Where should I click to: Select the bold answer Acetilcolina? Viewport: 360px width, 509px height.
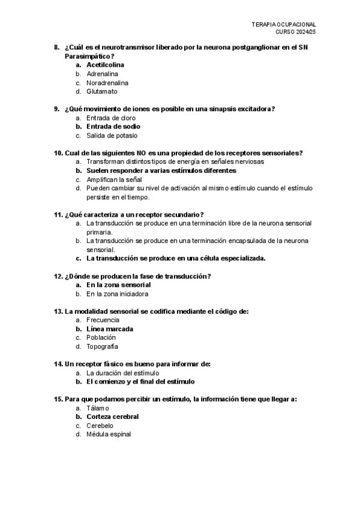pyautogui.click(x=106, y=65)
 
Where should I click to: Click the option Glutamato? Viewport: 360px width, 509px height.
pyautogui.click(x=102, y=92)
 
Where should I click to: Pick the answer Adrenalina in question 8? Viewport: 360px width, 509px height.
pyautogui.click(x=102, y=74)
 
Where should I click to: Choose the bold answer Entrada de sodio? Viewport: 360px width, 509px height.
pyautogui.click(x=113, y=127)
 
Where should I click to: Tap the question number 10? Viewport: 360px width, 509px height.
pyautogui.click(x=58, y=152)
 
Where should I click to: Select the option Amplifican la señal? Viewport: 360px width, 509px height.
pyautogui.click(x=114, y=179)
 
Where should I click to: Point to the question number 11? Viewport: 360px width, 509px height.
pyautogui.click(x=58, y=214)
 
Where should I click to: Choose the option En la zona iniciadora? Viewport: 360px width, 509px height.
pyautogui.click(x=118, y=294)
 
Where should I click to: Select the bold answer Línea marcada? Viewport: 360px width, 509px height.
pyautogui.click(x=110, y=329)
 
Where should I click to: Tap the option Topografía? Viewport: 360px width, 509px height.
pyautogui.click(x=102, y=346)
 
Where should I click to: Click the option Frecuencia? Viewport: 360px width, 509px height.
pyautogui.click(x=103, y=320)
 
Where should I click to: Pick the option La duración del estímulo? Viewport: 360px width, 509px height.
pyautogui.click(x=123, y=373)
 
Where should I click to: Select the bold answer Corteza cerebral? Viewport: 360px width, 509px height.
pyautogui.click(x=113, y=417)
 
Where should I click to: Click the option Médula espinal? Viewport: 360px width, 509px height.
pyautogui.click(x=109, y=435)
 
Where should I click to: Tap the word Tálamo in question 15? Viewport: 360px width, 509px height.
pyautogui.click(x=98, y=408)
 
